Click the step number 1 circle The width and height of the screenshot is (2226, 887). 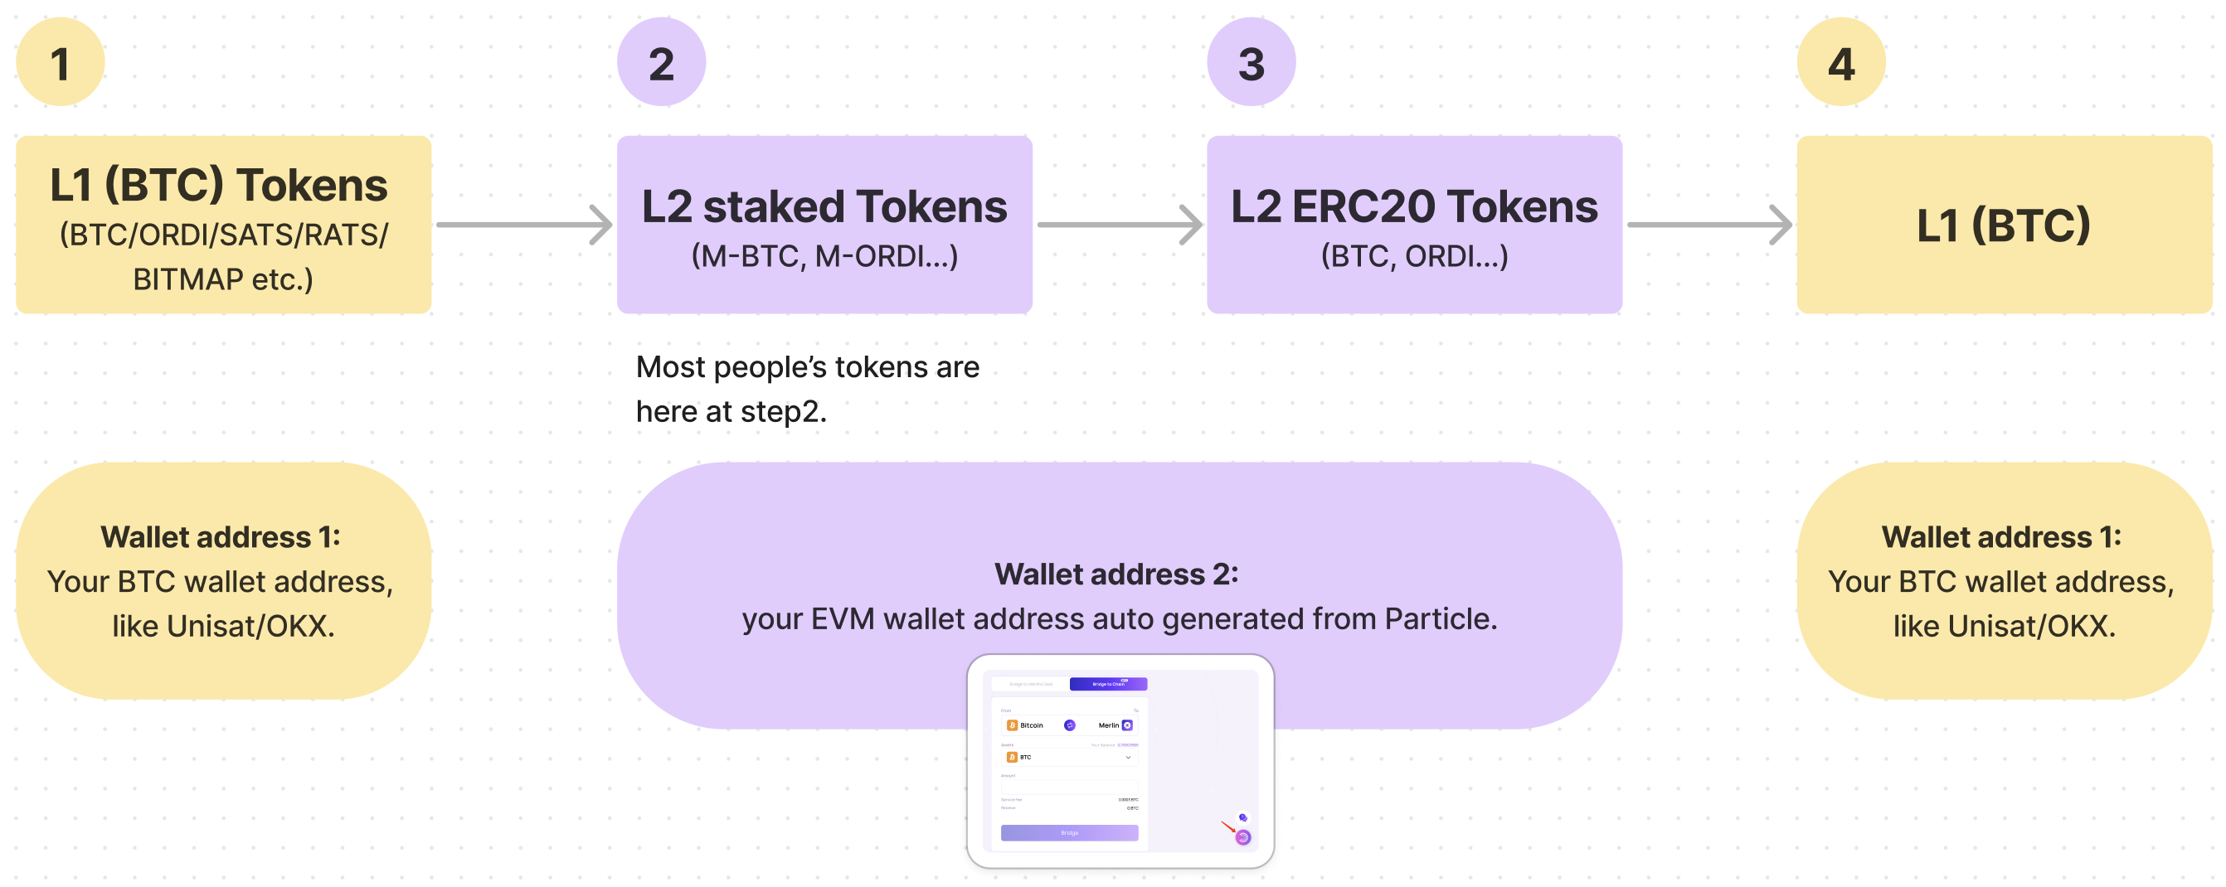tap(60, 62)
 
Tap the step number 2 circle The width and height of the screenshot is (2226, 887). tap(661, 62)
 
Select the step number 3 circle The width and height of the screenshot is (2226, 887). tap(1251, 62)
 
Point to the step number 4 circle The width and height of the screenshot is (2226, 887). tap(1840, 62)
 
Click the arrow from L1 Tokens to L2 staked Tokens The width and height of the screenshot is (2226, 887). tap(523, 225)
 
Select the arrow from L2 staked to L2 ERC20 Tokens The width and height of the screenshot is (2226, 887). tap(1119, 225)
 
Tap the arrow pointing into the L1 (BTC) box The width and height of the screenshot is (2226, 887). tap(1708, 225)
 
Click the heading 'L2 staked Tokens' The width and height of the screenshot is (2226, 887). tap(824, 206)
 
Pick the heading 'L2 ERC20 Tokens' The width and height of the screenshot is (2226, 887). tap(1414, 206)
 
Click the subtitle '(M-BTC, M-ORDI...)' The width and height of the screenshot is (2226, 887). tap(824, 255)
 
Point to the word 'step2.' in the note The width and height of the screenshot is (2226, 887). tap(783, 411)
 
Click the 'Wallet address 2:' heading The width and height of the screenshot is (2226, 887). tap(1116, 574)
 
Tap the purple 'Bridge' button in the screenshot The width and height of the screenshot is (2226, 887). tap(1069, 832)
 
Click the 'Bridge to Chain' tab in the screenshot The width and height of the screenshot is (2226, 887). tap(1108, 684)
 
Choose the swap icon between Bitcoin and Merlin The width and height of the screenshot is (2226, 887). tap(1069, 725)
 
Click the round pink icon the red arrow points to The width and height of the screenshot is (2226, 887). tap(1242, 837)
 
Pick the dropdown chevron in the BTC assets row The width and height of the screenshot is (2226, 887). tap(1128, 758)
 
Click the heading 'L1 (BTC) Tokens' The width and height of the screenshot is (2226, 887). tap(219, 185)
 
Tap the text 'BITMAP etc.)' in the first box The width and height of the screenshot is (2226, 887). tap(223, 279)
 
